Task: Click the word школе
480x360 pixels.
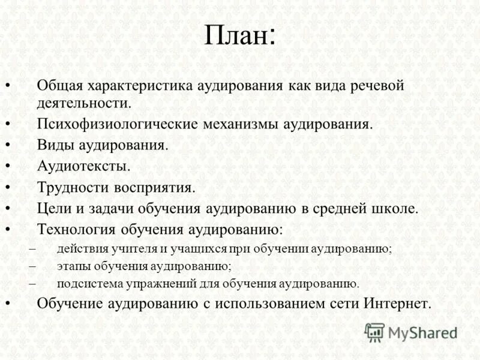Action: point(394,209)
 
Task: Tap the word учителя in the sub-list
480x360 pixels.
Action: point(122,249)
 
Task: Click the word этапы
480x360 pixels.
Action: point(72,266)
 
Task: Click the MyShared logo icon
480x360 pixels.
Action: point(374,332)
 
